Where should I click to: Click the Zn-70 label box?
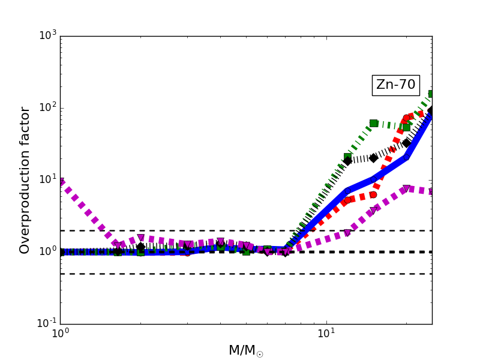395,85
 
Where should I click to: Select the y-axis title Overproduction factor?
25,180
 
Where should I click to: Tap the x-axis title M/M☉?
245,350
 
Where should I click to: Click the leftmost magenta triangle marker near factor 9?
61,182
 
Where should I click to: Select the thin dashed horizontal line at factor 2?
180,230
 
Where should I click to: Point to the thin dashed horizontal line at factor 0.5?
180,274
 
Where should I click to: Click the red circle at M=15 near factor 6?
373,194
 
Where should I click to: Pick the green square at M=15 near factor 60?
373,123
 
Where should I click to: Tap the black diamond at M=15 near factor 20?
373,158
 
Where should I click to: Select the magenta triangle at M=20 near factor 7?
406,189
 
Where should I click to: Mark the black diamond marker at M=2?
140,247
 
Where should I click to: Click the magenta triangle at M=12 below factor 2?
347,233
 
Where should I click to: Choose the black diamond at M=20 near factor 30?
406,143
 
